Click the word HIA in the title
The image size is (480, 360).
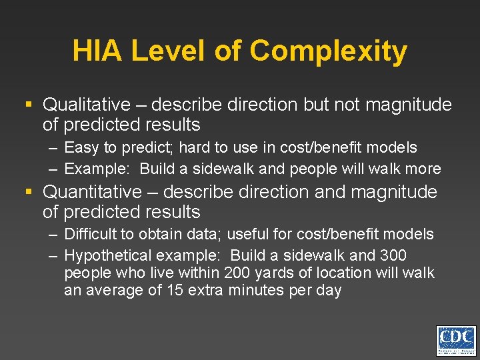click(97, 51)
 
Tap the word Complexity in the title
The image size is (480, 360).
click(329, 52)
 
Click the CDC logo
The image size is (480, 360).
click(456, 341)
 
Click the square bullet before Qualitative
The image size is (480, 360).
click(29, 105)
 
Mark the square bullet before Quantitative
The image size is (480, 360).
click(29, 192)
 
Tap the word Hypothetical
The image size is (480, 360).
click(107, 255)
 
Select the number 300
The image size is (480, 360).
click(393, 255)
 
